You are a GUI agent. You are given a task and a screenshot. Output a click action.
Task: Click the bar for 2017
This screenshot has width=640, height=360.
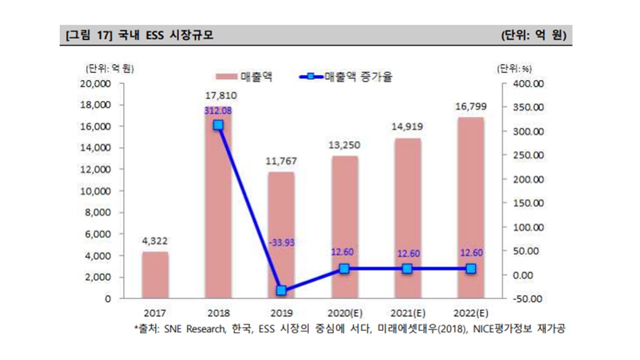[x=155, y=275]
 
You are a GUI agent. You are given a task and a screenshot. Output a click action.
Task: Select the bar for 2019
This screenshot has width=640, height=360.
[x=281, y=235]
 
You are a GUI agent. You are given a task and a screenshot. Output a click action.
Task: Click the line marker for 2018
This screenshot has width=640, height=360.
[x=218, y=125]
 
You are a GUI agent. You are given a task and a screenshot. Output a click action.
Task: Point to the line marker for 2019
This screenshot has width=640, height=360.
[x=281, y=290]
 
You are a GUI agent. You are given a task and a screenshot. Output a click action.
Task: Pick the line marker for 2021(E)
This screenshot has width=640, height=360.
[x=407, y=269]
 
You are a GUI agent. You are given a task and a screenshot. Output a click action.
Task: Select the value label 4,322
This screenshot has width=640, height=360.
[x=155, y=241]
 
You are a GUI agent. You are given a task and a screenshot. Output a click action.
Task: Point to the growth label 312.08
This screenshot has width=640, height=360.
[x=218, y=111]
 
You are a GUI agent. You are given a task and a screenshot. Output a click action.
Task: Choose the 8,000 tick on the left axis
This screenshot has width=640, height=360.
[x=99, y=212]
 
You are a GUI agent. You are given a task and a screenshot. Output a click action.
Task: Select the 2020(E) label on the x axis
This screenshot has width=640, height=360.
[x=344, y=313]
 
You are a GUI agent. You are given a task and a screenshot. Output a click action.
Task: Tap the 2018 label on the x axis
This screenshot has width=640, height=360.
[x=218, y=313]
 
